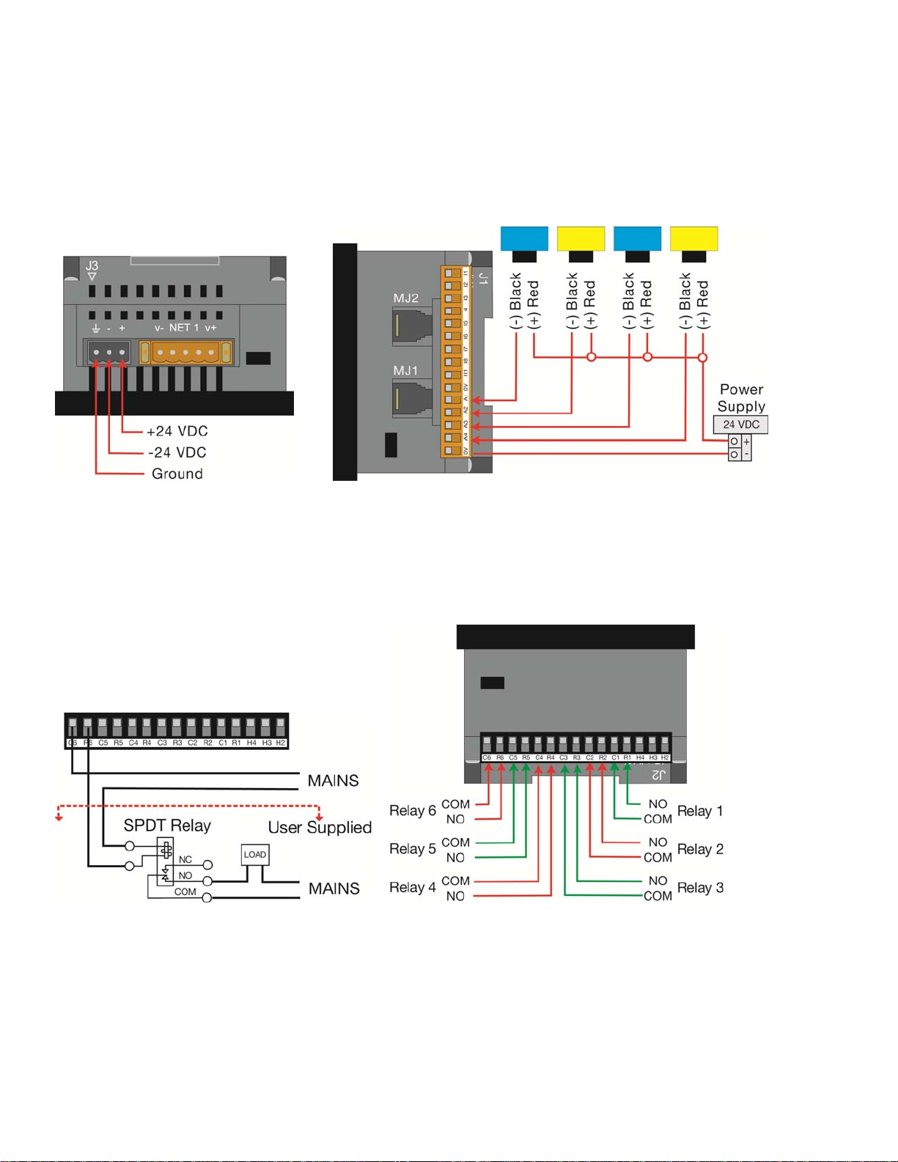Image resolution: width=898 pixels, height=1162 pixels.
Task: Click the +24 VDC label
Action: click(x=177, y=431)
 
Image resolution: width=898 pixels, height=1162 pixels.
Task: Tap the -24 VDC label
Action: click(x=177, y=452)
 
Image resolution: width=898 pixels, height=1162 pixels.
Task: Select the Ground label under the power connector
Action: click(x=177, y=474)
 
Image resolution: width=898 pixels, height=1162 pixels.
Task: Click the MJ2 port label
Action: click(x=405, y=298)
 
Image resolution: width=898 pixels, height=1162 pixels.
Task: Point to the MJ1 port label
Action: click(x=405, y=370)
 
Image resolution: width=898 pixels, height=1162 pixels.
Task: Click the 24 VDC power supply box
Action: click(x=740, y=424)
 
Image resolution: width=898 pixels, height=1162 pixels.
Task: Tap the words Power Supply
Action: click(x=741, y=397)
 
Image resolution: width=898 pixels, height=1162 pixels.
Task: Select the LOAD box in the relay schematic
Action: click(x=255, y=855)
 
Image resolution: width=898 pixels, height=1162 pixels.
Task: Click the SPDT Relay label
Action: click(x=167, y=825)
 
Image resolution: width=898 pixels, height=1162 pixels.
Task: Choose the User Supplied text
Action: click(x=320, y=828)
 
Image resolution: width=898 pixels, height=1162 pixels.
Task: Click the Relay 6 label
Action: click(x=412, y=811)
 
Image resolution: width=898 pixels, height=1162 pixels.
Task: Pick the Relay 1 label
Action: click(x=700, y=811)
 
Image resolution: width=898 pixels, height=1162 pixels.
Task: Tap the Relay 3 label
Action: click(x=700, y=888)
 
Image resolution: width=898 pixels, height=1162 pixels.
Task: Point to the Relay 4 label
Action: click(x=412, y=888)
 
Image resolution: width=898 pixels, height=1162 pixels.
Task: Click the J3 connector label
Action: click(x=92, y=266)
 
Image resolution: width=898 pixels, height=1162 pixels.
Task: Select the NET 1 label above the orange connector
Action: click(x=184, y=328)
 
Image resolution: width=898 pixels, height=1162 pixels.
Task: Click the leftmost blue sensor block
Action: click(x=524, y=238)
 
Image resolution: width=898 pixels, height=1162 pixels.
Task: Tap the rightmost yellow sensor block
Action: click(x=693, y=238)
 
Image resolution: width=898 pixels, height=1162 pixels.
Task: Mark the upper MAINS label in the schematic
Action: click(x=333, y=781)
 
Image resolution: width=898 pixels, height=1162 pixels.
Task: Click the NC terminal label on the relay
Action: click(x=185, y=859)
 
